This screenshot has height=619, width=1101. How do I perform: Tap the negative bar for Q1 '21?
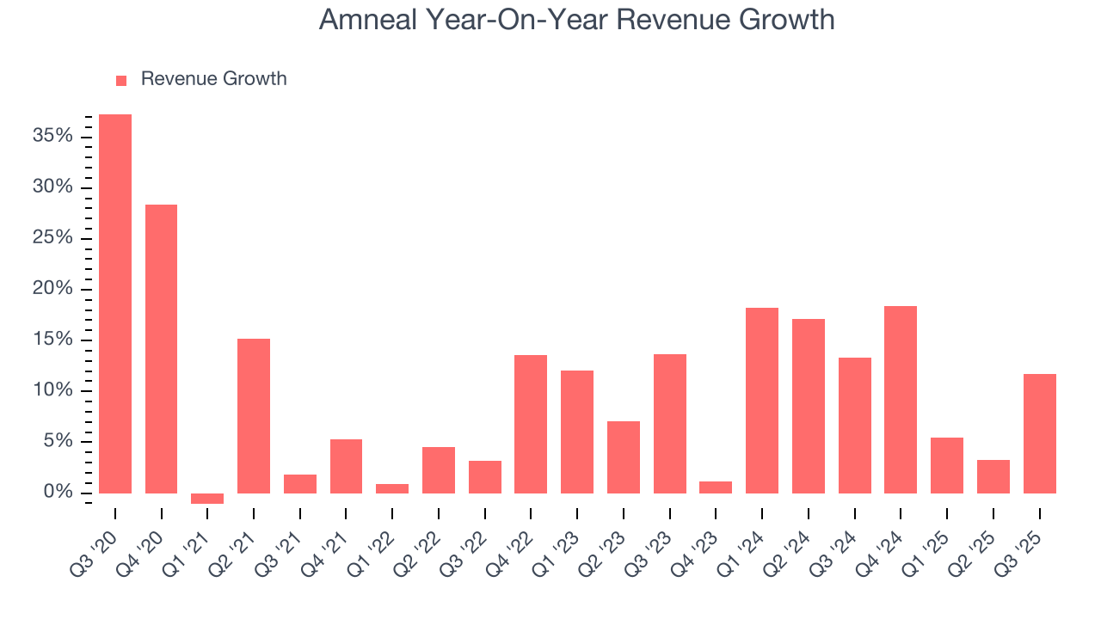pyautogui.click(x=207, y=499)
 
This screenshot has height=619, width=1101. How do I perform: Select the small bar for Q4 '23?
pyautogui.click(x=716, y=487)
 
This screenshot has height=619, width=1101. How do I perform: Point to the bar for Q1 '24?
pyautogui.click(x=762, y=400)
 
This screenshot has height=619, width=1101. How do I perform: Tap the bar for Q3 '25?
pyautogui.click(x=1039, y=433)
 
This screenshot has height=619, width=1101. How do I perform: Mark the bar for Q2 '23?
pyautogui.click(x=624, y=457)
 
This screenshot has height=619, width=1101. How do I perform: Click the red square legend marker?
pyautogui.click(x=121, y=80)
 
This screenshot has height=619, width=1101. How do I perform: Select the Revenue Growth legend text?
pyautogui.click(x=213, y=79)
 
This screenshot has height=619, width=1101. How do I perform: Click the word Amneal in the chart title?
pyautogui.click(x=367, y=19)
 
